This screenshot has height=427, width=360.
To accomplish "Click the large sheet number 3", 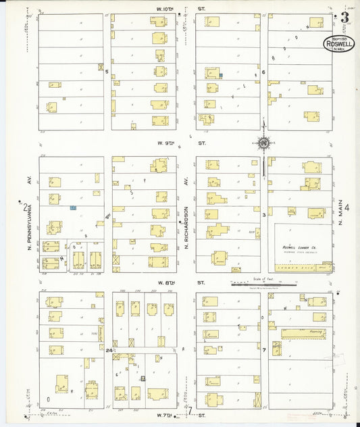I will pos(344,18).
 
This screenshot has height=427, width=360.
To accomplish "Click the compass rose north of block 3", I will pos(263,143).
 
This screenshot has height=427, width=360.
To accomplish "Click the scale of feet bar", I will pos(263,284).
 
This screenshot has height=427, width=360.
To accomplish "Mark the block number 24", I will pos(108,350).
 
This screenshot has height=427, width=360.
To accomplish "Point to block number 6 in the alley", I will pos(263,72).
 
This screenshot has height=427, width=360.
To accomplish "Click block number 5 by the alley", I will pos(107,71).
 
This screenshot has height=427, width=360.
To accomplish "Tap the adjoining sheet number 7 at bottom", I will pos(191,410).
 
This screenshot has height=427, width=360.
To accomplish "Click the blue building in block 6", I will pos(220,74).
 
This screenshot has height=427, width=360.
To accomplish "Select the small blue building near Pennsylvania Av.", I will pos(73,209).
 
